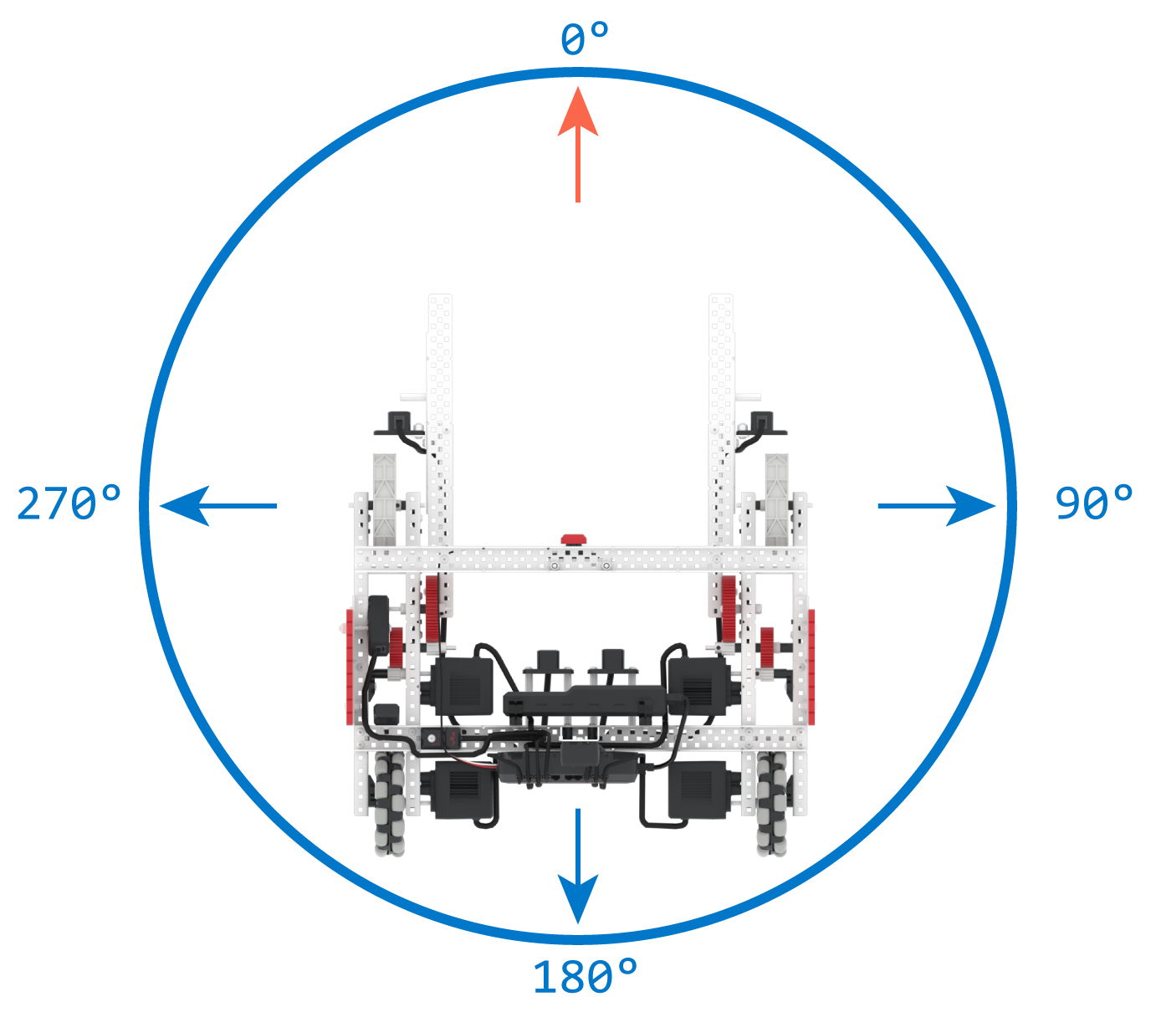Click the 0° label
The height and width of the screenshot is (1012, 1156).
point(585,38)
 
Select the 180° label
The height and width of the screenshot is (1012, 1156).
point(585,976)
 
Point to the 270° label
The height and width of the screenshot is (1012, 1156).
point(69,503)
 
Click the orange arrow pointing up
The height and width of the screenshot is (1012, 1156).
point(577,144)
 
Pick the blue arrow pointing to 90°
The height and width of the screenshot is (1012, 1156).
point(936,505)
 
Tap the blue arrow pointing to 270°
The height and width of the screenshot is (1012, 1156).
point(218,505)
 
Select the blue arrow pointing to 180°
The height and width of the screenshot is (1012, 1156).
point(577,866)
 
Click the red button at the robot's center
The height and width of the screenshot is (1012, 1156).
point(574,539)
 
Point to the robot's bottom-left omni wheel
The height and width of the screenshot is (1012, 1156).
point(390,805)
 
